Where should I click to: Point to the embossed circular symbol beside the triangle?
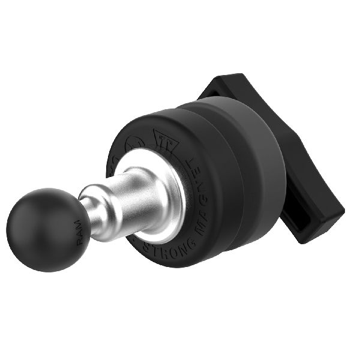point(135,144)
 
